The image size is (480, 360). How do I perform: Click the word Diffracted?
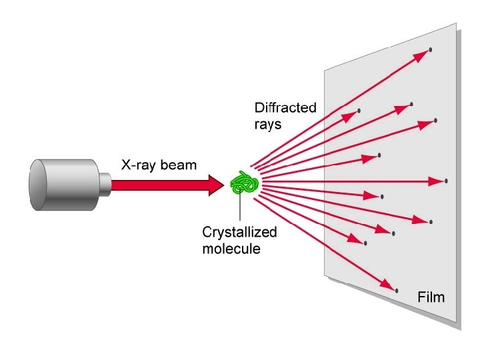285,107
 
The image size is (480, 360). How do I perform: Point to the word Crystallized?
239,233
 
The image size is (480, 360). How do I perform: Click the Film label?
430,295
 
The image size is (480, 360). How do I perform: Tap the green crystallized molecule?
245,183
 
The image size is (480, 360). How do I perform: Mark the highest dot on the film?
431,50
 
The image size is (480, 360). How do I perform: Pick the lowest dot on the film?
397,291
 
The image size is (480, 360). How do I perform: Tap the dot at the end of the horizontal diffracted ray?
445,181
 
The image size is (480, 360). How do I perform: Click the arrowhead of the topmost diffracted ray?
420,57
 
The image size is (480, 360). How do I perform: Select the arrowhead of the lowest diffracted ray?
389,285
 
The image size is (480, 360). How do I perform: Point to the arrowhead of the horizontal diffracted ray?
436,181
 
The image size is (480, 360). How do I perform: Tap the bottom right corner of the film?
460,328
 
